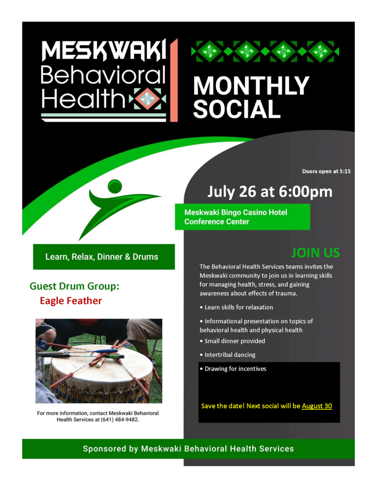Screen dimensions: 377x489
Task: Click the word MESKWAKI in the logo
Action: coord(104,51)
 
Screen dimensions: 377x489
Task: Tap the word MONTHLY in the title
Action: coord(251,86)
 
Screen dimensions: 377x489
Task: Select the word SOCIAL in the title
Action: coord(236,109)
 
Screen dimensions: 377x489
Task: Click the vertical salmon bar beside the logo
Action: coord(174,80)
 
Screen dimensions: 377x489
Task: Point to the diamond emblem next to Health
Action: coord(147,99)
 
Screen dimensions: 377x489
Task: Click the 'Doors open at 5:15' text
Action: coord(326,171)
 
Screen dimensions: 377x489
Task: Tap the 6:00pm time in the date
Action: coord(306,192)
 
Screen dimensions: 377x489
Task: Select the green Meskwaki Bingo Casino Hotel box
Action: coord(242,217)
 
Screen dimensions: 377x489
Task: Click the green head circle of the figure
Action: coord(115,186)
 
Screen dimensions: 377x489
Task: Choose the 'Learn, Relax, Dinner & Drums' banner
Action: coord(104,257)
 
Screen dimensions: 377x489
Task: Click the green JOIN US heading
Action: coord(316,253)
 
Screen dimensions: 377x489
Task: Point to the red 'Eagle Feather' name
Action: coord(71,301)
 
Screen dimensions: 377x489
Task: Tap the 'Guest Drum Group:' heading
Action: coord(75,286)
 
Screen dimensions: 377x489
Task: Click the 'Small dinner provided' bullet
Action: coord(232,341)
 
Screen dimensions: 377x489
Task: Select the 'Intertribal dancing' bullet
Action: coord(227,355)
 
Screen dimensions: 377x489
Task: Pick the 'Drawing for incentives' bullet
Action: coord(233,369)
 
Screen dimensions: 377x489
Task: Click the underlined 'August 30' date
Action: coord(317,406)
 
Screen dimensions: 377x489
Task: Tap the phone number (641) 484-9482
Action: coord(119,420)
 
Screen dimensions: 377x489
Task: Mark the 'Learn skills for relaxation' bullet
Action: coord(236,307)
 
